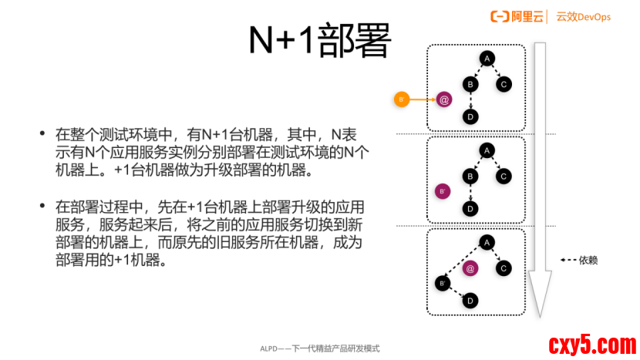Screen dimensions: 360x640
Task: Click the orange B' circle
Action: point(401,99)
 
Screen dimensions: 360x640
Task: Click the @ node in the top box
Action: point(443,99)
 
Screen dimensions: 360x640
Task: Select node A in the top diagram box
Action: point(487,58)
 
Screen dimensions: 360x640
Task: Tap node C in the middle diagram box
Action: point(504,177)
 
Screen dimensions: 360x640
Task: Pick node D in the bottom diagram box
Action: point(470,301)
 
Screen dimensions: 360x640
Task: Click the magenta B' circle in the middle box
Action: point(443,191)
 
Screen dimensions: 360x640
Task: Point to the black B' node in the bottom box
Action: point(443,283)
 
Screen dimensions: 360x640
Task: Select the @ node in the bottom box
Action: point(470,268)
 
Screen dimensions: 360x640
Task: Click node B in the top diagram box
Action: point(470,84)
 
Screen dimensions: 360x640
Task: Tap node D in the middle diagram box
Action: point(470,208)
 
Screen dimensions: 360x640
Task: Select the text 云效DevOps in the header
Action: point(583,16)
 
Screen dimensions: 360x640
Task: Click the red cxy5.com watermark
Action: point(591,343)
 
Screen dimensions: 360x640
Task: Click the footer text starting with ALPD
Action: point(319,348)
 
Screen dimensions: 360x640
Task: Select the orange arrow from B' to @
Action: point(422,99)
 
